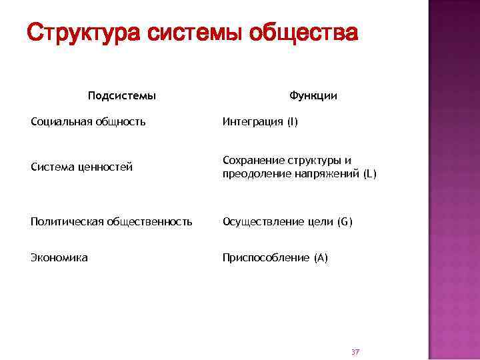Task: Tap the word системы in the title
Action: tap(193, 31)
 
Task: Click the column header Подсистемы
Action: tap(122, 96)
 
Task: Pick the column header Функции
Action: tap(313, 96)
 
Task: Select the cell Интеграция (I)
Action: tap(261, 122)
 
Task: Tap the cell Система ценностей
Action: tap(82, 167)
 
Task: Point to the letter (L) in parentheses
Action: tap(370, 174)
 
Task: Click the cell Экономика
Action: tap(59, 258)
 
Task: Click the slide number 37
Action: tap(355, 351)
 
